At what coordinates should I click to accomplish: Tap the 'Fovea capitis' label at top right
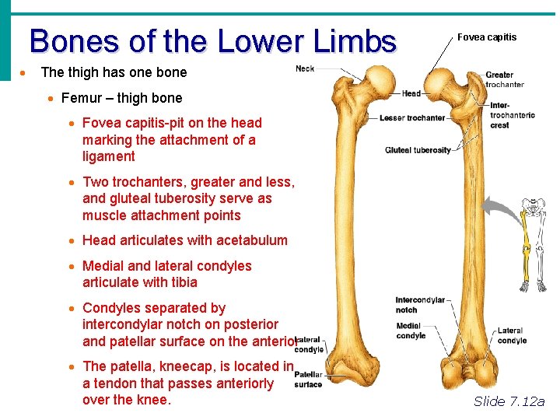486,37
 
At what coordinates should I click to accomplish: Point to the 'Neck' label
305,68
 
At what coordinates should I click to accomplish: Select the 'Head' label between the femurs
411,93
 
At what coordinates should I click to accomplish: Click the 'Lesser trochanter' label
412,118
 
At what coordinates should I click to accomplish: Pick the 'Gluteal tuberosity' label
418,150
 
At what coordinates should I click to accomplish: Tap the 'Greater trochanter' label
504,79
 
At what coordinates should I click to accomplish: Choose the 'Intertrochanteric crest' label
512,115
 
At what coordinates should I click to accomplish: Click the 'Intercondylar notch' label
420,305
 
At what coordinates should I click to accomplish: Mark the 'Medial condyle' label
410,331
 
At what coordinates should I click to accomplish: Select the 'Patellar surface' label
308,380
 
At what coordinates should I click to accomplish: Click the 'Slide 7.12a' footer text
509,401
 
